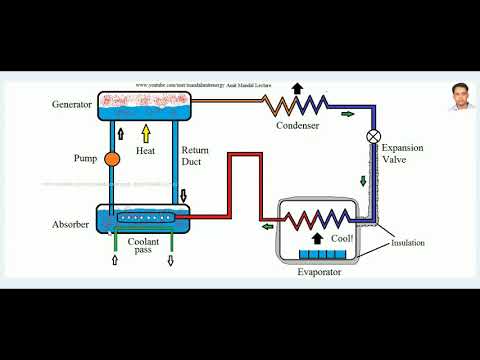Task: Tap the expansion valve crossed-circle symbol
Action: tap(373, 136)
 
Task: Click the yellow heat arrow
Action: tap(146, 131)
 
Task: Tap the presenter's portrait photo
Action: tap(459, 94)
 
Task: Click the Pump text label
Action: tap(84, 158)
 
